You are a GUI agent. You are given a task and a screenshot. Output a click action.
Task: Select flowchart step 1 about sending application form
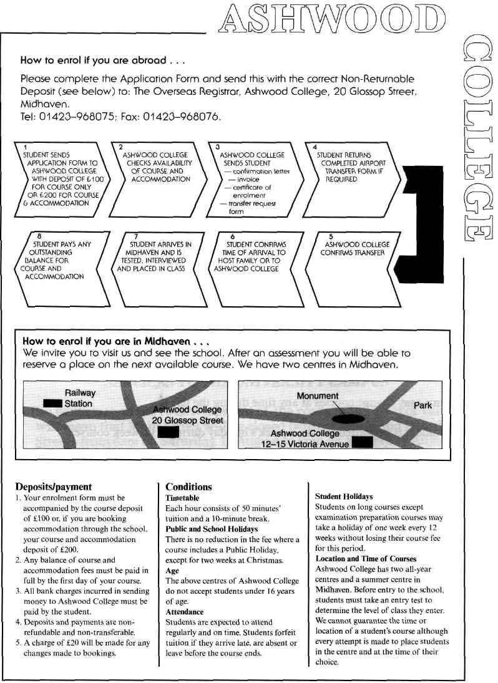tap(61, 177)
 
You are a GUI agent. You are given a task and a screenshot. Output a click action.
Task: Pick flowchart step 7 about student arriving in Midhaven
tap(157, 256)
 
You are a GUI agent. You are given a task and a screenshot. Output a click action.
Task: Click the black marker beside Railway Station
tap(52, 404)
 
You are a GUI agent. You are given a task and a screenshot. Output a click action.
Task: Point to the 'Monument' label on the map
tap(318, 396)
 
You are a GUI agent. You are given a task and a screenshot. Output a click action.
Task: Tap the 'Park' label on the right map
tap(422, 405)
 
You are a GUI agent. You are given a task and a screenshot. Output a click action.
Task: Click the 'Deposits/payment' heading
tap(53, 487)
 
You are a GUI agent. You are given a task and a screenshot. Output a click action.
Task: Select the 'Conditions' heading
tap(188, 487)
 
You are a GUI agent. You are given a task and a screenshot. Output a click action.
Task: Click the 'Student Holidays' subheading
tap(344, 497)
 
